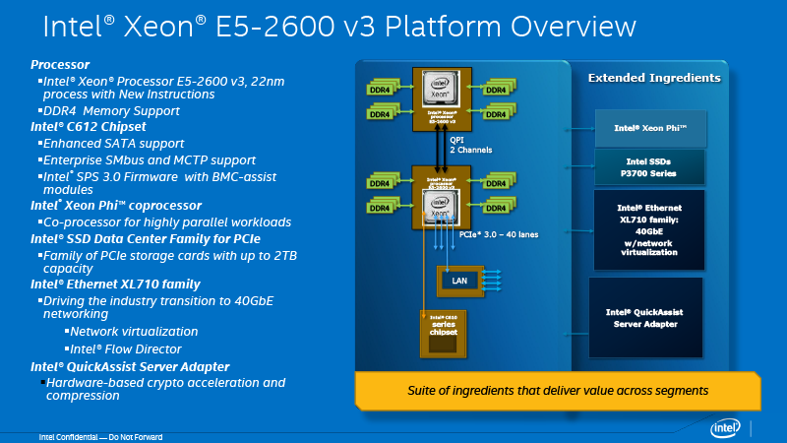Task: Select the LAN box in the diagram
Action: [459, 281]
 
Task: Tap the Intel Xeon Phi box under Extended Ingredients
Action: [649, 128]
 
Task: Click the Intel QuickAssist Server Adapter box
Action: [645, 317]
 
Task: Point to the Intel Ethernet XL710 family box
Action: [649, 229]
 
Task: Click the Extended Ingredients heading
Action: [653, 77]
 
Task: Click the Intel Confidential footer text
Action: [99, 437]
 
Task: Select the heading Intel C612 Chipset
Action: [88, 127]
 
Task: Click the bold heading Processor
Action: [60, 62]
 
